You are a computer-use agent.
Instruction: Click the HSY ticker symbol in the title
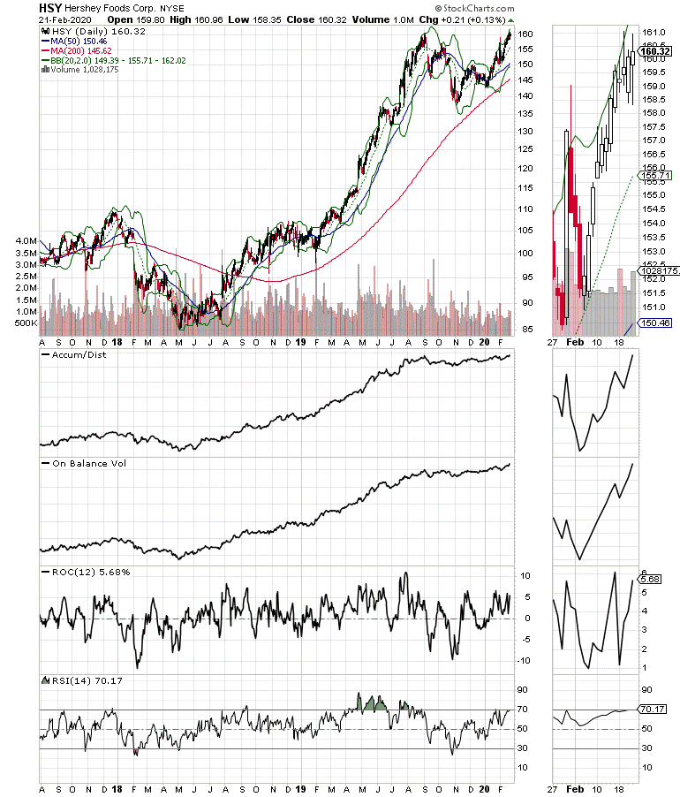(49, 7)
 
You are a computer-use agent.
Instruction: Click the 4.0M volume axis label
(22, 240)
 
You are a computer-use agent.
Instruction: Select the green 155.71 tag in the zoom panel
(653, 176)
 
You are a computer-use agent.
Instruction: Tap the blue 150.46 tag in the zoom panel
(653, 323)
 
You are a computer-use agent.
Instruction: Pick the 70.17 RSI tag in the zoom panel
(653, 709)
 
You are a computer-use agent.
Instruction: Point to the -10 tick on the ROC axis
(524, 660)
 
